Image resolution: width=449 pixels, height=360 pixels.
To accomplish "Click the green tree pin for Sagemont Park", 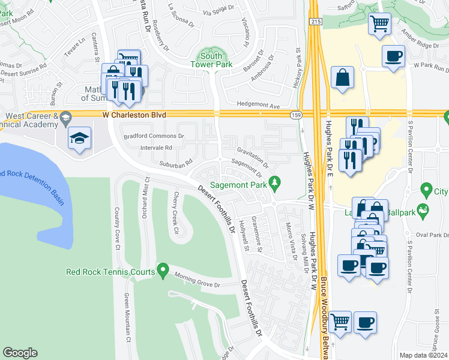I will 276,181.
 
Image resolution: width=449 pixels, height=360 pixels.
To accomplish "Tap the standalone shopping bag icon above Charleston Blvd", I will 342,77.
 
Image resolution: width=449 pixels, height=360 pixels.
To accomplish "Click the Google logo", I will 20,353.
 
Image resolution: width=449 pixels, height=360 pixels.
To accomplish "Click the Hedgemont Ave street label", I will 258,106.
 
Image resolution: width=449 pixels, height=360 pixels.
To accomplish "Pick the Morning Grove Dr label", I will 197,280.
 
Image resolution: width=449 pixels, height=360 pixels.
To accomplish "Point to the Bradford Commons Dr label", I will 154,136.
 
